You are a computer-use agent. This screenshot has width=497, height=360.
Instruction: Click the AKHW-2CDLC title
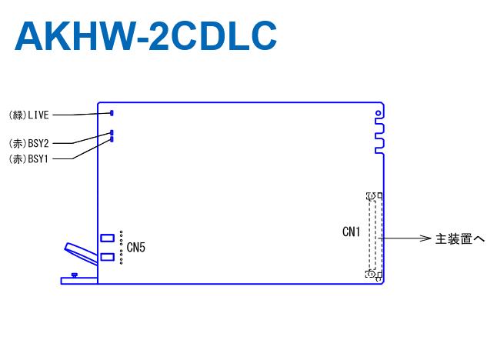coord(145,35)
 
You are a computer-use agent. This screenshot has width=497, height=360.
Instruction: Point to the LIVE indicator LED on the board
coord(112,113)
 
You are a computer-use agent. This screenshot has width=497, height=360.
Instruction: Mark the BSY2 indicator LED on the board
coord(112,133)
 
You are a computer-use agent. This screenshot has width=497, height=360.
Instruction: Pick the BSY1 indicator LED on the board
coord(112,139)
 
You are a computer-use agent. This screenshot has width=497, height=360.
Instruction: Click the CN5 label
coord(136,247)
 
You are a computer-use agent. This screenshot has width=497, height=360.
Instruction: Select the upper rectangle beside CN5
coord(108,238)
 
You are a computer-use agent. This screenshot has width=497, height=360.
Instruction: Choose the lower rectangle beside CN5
coord(108,257)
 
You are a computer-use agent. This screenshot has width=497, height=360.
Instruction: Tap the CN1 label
coord(352,232)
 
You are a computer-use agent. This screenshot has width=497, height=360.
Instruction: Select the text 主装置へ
coord(459,239)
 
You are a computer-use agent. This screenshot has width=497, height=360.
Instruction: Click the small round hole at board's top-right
coord(378,114)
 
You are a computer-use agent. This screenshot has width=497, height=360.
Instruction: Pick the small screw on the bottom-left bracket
coord(73,275)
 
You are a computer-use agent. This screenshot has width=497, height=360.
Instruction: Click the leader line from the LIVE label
coord(81,115)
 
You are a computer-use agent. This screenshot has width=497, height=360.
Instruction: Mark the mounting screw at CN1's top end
coord(371,198)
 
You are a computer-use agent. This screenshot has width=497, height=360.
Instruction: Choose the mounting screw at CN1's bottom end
coord(371,273)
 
